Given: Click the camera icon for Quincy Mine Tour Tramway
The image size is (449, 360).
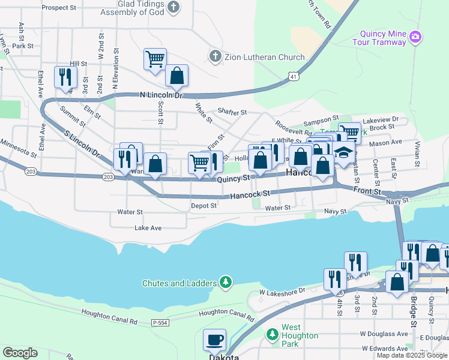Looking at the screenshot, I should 415,38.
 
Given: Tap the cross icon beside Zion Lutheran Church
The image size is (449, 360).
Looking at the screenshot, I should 215,57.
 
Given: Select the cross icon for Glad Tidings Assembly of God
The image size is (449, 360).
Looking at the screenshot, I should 173,8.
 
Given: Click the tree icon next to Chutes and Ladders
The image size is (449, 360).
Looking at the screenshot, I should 225,283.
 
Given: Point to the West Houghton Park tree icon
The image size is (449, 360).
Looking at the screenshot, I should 272,333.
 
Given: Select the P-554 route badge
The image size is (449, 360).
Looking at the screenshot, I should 159,322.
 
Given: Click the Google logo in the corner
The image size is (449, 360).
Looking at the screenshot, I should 20,352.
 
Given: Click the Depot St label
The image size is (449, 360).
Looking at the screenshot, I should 203,206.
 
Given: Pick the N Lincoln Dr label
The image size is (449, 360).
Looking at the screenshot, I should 160,95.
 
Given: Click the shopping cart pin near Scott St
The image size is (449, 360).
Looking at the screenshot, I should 155,59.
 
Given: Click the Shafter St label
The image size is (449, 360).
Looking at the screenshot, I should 232,112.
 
